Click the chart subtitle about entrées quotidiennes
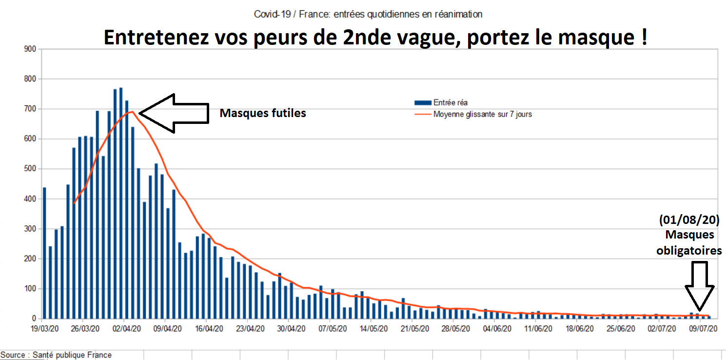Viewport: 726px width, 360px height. tap(368, 14)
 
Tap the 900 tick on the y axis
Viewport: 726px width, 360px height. tap(30, 49)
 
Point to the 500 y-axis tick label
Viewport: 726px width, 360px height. tap(30, 169)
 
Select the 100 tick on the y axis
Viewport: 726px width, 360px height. tap(30, 289)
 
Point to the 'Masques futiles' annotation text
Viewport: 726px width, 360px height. tap(262, 113)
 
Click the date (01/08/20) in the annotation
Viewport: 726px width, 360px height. tap(689, 220)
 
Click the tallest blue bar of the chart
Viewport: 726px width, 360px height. tap(121, 203)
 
